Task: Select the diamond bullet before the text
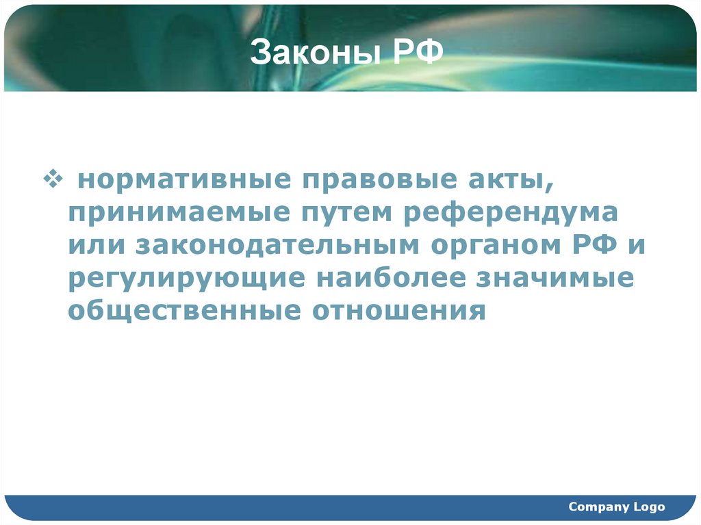[53, 179]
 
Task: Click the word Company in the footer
[598, 507]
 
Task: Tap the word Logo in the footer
[649, 507]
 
